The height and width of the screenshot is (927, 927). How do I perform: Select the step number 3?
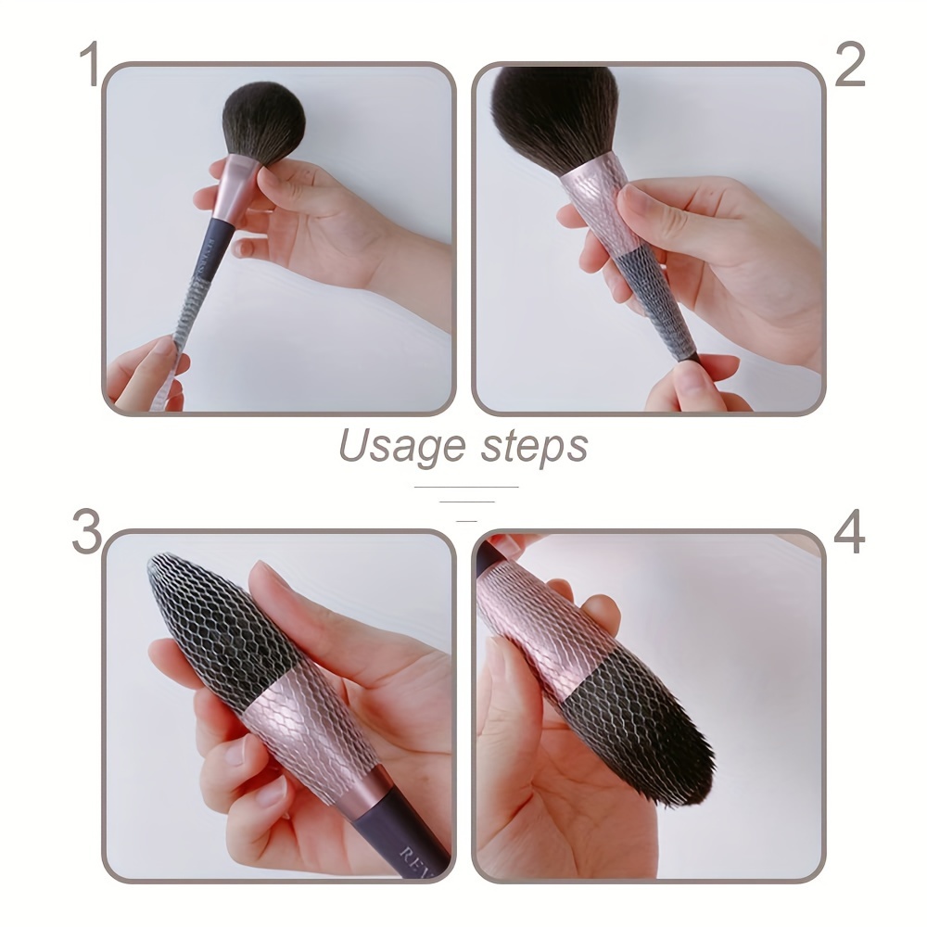pos(86,532)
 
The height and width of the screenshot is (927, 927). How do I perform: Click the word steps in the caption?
pos(535,447)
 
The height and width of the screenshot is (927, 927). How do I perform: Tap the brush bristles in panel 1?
pos(263,121)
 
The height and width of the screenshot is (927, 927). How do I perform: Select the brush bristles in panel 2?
pos(554,111)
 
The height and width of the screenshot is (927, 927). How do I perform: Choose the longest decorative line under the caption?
pos(466,486)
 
